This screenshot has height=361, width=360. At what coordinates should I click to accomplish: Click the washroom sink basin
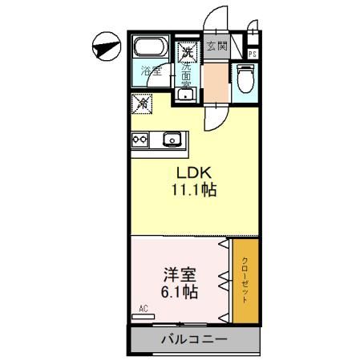click(x=186, y=93)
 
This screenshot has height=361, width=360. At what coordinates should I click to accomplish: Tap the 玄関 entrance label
click(x=217, y=47)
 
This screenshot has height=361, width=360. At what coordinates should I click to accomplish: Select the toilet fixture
click(x=245, y=80)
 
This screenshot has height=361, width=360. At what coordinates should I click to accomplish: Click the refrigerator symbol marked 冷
click(x=141, y=103)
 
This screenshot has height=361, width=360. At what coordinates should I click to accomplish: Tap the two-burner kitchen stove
click(x=140, y=139)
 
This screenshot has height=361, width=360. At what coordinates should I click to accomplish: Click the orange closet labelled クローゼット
click(x=244, y=281)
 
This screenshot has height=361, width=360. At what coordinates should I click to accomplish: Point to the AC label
click(x=144, y=308)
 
